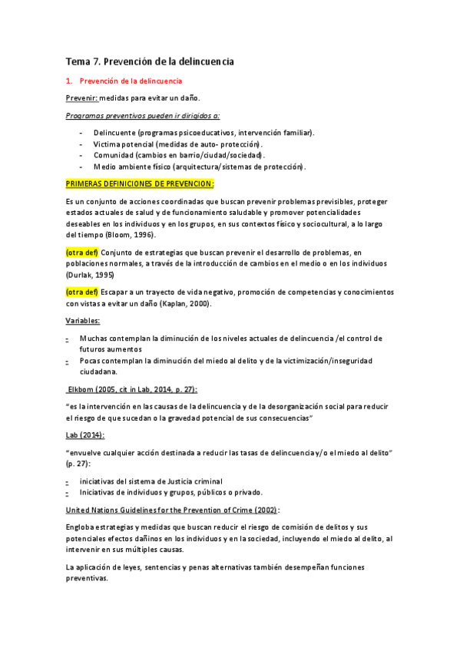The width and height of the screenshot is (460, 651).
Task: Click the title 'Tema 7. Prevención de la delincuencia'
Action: coord(150,61)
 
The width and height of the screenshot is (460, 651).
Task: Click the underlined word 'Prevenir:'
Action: coord(81,98)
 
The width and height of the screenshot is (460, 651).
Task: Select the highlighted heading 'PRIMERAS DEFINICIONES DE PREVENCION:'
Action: coord(140,184)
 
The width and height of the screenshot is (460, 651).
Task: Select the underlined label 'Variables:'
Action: coord(82,320)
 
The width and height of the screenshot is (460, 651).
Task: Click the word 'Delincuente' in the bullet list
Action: coord(114,133)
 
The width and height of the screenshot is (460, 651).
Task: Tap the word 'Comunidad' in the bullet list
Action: coord(114,155)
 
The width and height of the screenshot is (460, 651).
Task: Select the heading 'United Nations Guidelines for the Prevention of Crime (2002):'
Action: coord(173,509)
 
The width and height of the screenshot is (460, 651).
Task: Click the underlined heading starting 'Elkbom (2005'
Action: coord(132,389)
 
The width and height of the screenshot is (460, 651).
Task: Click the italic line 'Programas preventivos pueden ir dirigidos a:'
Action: coord(143,115)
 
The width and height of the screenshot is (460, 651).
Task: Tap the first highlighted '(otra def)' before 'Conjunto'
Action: coord(82,253)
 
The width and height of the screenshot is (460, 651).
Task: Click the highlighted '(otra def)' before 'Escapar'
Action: coord(82,292)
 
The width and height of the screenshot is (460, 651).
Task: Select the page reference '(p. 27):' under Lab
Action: coord(79,464)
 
